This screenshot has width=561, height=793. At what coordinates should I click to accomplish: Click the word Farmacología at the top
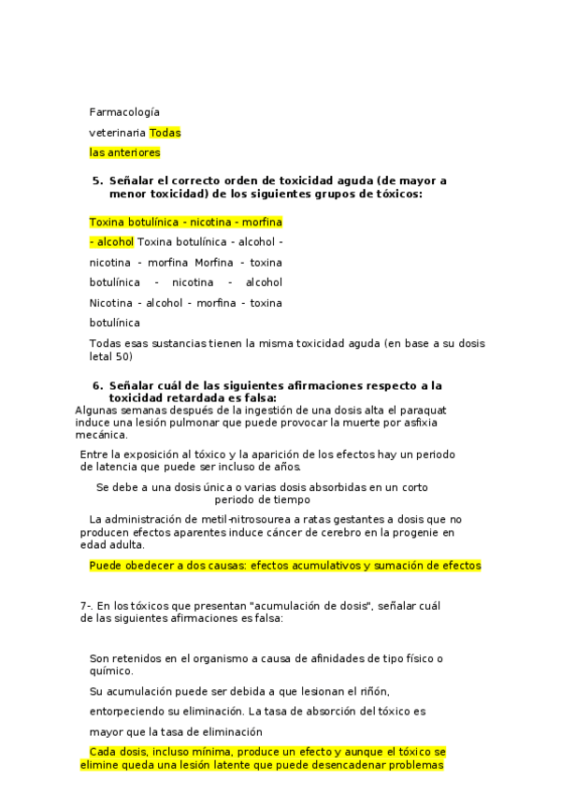(124, 112)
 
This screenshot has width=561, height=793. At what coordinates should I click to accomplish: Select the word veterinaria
(117, 133)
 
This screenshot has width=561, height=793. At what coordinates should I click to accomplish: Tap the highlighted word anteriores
(134, 152)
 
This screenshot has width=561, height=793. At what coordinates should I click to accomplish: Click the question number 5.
(96, 180)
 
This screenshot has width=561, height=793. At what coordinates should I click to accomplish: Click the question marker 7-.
(87, 606)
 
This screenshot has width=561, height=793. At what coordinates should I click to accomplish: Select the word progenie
(400, 533)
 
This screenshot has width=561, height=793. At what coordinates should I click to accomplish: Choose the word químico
(111, 670)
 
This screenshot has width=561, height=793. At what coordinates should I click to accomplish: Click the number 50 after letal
(126, 356)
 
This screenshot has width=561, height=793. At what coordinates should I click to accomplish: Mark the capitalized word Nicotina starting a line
(111, 303)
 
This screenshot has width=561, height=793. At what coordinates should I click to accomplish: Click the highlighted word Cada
(102, 752)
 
